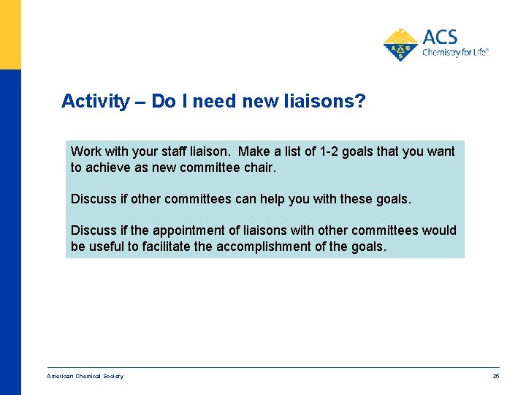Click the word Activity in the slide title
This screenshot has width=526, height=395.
coord(95,101)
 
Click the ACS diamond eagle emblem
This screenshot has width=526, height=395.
coord(400,44)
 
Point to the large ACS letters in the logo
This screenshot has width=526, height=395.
coord(440,37)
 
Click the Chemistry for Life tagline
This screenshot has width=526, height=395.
coord(454,53)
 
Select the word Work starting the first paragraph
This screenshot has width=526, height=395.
coord(86,151)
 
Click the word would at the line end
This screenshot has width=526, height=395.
coord(438,230)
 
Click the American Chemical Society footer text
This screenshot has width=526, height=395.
coord(85,376)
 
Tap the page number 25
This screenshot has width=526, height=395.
coord(496,376)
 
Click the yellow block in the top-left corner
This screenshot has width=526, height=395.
coord(10,34)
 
